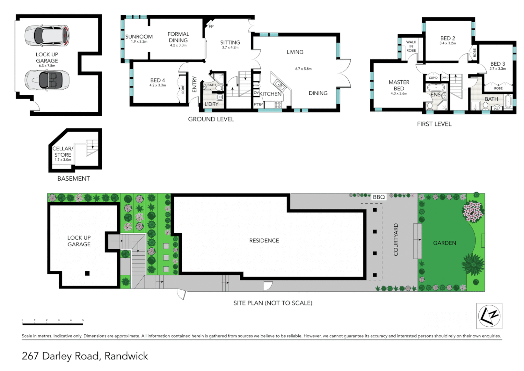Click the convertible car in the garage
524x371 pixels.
tap(47, 80)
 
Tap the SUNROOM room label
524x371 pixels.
tap(139, 37)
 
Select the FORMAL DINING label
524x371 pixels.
tap(178, 37)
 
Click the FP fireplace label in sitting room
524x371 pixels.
tap(211, 26)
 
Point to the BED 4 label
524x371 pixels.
tap(157, 80)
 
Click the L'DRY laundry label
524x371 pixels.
tap(211, 104)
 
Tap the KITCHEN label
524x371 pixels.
tap(270, 94)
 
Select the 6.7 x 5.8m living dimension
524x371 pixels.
tap(303, 69)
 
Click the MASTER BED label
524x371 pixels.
tap(399, 85)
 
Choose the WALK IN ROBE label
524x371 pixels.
tap(411, 46)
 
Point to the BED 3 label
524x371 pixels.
tap(498, 64)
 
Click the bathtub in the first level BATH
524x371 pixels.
tap(509, 102)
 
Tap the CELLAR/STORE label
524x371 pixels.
tap(63, 151)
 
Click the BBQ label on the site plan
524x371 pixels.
tap(379, 197)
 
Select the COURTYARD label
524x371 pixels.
tap(396, 239)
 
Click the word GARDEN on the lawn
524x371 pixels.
tap(444, 243)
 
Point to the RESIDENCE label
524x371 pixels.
tap(264, 240)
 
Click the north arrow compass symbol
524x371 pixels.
tap(489, 316)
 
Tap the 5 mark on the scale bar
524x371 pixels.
tap(83, 320)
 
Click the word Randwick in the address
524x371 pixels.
tap(126, 356)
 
